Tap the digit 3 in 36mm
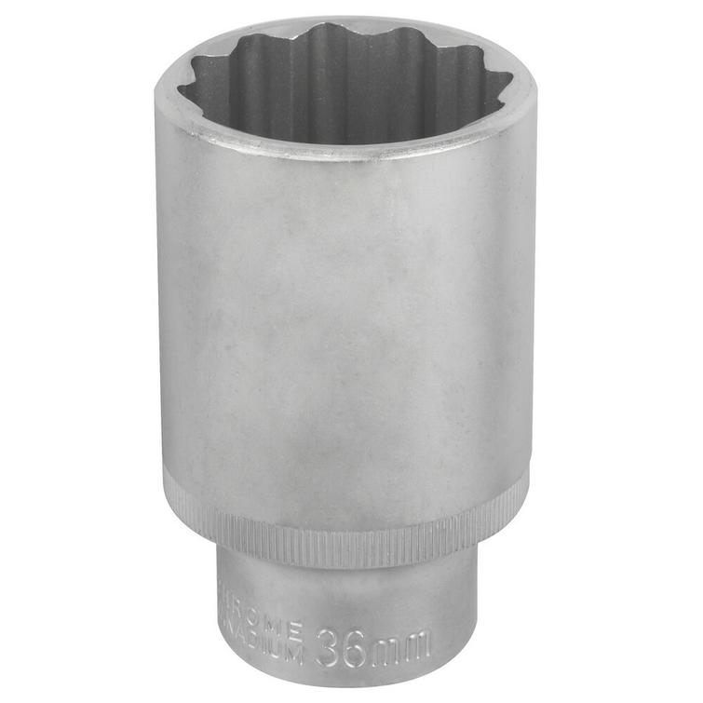(327, 647)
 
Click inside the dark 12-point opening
(345, 88)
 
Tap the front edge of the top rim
(345, 149)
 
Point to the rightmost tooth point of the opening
(511, 88)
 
